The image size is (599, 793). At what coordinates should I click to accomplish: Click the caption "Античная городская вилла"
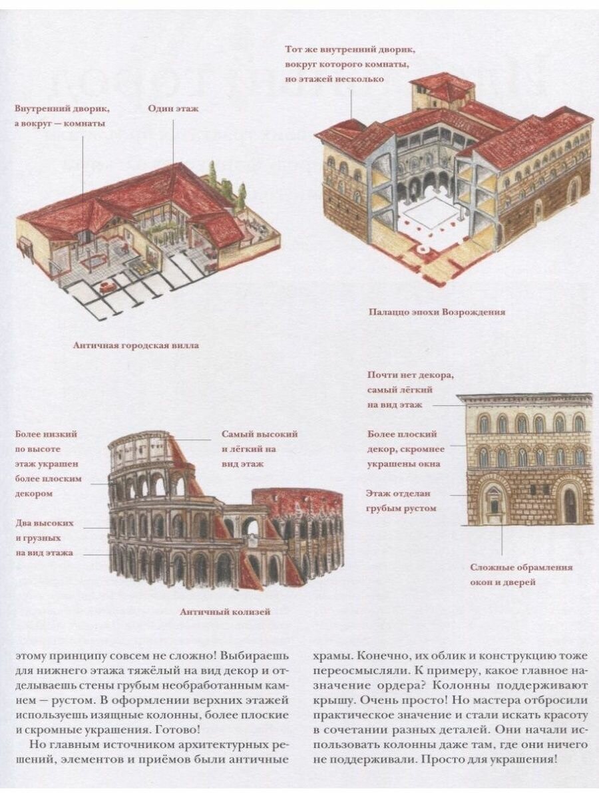pos(136,345)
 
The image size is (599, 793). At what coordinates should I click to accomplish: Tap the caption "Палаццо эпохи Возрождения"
pos(437,311)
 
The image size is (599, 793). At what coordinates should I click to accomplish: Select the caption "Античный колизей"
pos(225,611)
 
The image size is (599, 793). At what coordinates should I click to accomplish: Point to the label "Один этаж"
pos(173,108)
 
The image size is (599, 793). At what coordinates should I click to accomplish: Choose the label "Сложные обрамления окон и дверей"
pos(521,575)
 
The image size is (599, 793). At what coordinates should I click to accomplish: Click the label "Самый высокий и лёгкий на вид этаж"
pos(259,448)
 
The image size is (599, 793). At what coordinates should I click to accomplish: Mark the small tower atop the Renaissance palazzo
pos(443,91)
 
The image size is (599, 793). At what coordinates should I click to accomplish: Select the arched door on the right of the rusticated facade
pos(570,504)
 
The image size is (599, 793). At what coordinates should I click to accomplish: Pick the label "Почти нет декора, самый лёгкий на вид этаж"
pos(410,390)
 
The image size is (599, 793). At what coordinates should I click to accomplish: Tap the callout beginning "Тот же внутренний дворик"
pos(341,64)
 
